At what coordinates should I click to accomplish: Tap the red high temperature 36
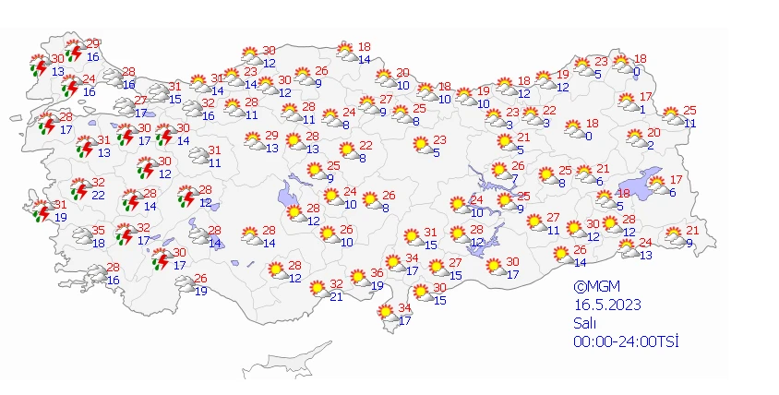(x=377, y=274)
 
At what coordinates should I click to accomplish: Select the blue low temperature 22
(x=99, y=195)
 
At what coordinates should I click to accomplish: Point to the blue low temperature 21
(x=337, y=296)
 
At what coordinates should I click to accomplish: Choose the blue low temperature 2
(x=651, y=145)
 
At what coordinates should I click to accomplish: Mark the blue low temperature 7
(x=514, y=178)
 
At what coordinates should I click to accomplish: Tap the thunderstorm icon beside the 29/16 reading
(x=75, y=51)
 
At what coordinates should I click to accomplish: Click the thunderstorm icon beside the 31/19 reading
(x=38, y=211)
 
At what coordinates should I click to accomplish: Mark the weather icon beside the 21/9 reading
(x=673, y=237)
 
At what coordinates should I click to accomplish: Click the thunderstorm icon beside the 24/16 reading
(x=70, y=86)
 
